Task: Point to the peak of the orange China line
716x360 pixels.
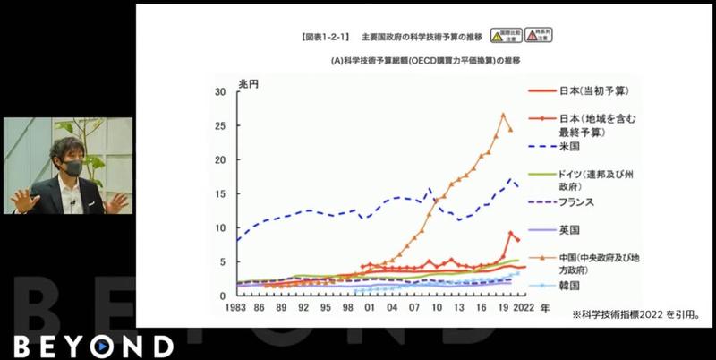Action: [x=503, y=115]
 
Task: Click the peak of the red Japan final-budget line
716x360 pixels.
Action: [x=511, y=233]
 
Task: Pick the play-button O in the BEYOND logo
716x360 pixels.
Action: [x=105, y=347]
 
